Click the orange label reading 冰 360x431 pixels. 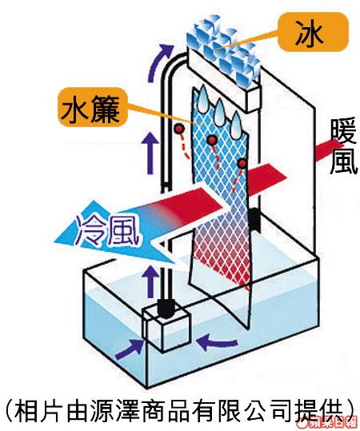(x=313, y=34)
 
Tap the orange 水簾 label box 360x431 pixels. (x=93, y=107)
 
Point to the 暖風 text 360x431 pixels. (x=344, y=147)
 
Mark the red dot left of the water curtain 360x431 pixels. (x=179, y=128)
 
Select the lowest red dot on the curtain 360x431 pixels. (x=242, y=164)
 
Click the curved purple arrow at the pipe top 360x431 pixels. (x=160, y=62)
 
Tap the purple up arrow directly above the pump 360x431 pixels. (x=150, y=281)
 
